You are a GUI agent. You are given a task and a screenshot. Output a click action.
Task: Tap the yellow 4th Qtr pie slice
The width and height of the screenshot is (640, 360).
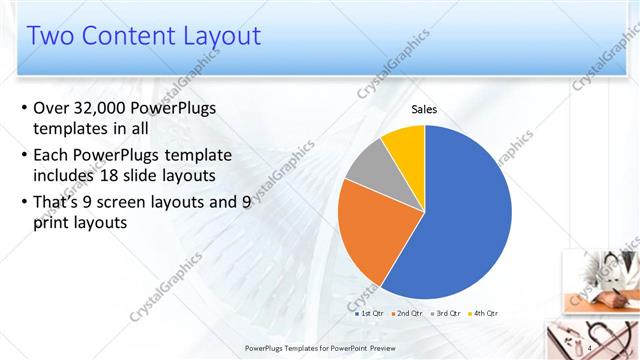click(x=406, y=144)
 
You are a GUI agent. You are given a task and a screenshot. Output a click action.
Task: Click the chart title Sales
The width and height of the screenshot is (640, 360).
click(x=425, y=110)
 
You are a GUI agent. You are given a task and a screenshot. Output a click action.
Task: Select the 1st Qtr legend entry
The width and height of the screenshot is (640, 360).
click(x=372, y=313)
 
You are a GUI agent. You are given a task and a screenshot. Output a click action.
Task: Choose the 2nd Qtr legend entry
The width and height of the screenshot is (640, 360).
click(x=409, y=313)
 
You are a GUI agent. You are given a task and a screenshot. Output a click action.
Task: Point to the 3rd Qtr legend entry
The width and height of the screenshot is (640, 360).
click(x=445, y=313)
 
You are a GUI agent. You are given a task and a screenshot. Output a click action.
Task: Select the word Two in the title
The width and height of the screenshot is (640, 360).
click(x=49, y=37)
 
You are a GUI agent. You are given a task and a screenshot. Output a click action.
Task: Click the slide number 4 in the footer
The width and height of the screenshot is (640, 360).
click(x=590, y=347)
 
